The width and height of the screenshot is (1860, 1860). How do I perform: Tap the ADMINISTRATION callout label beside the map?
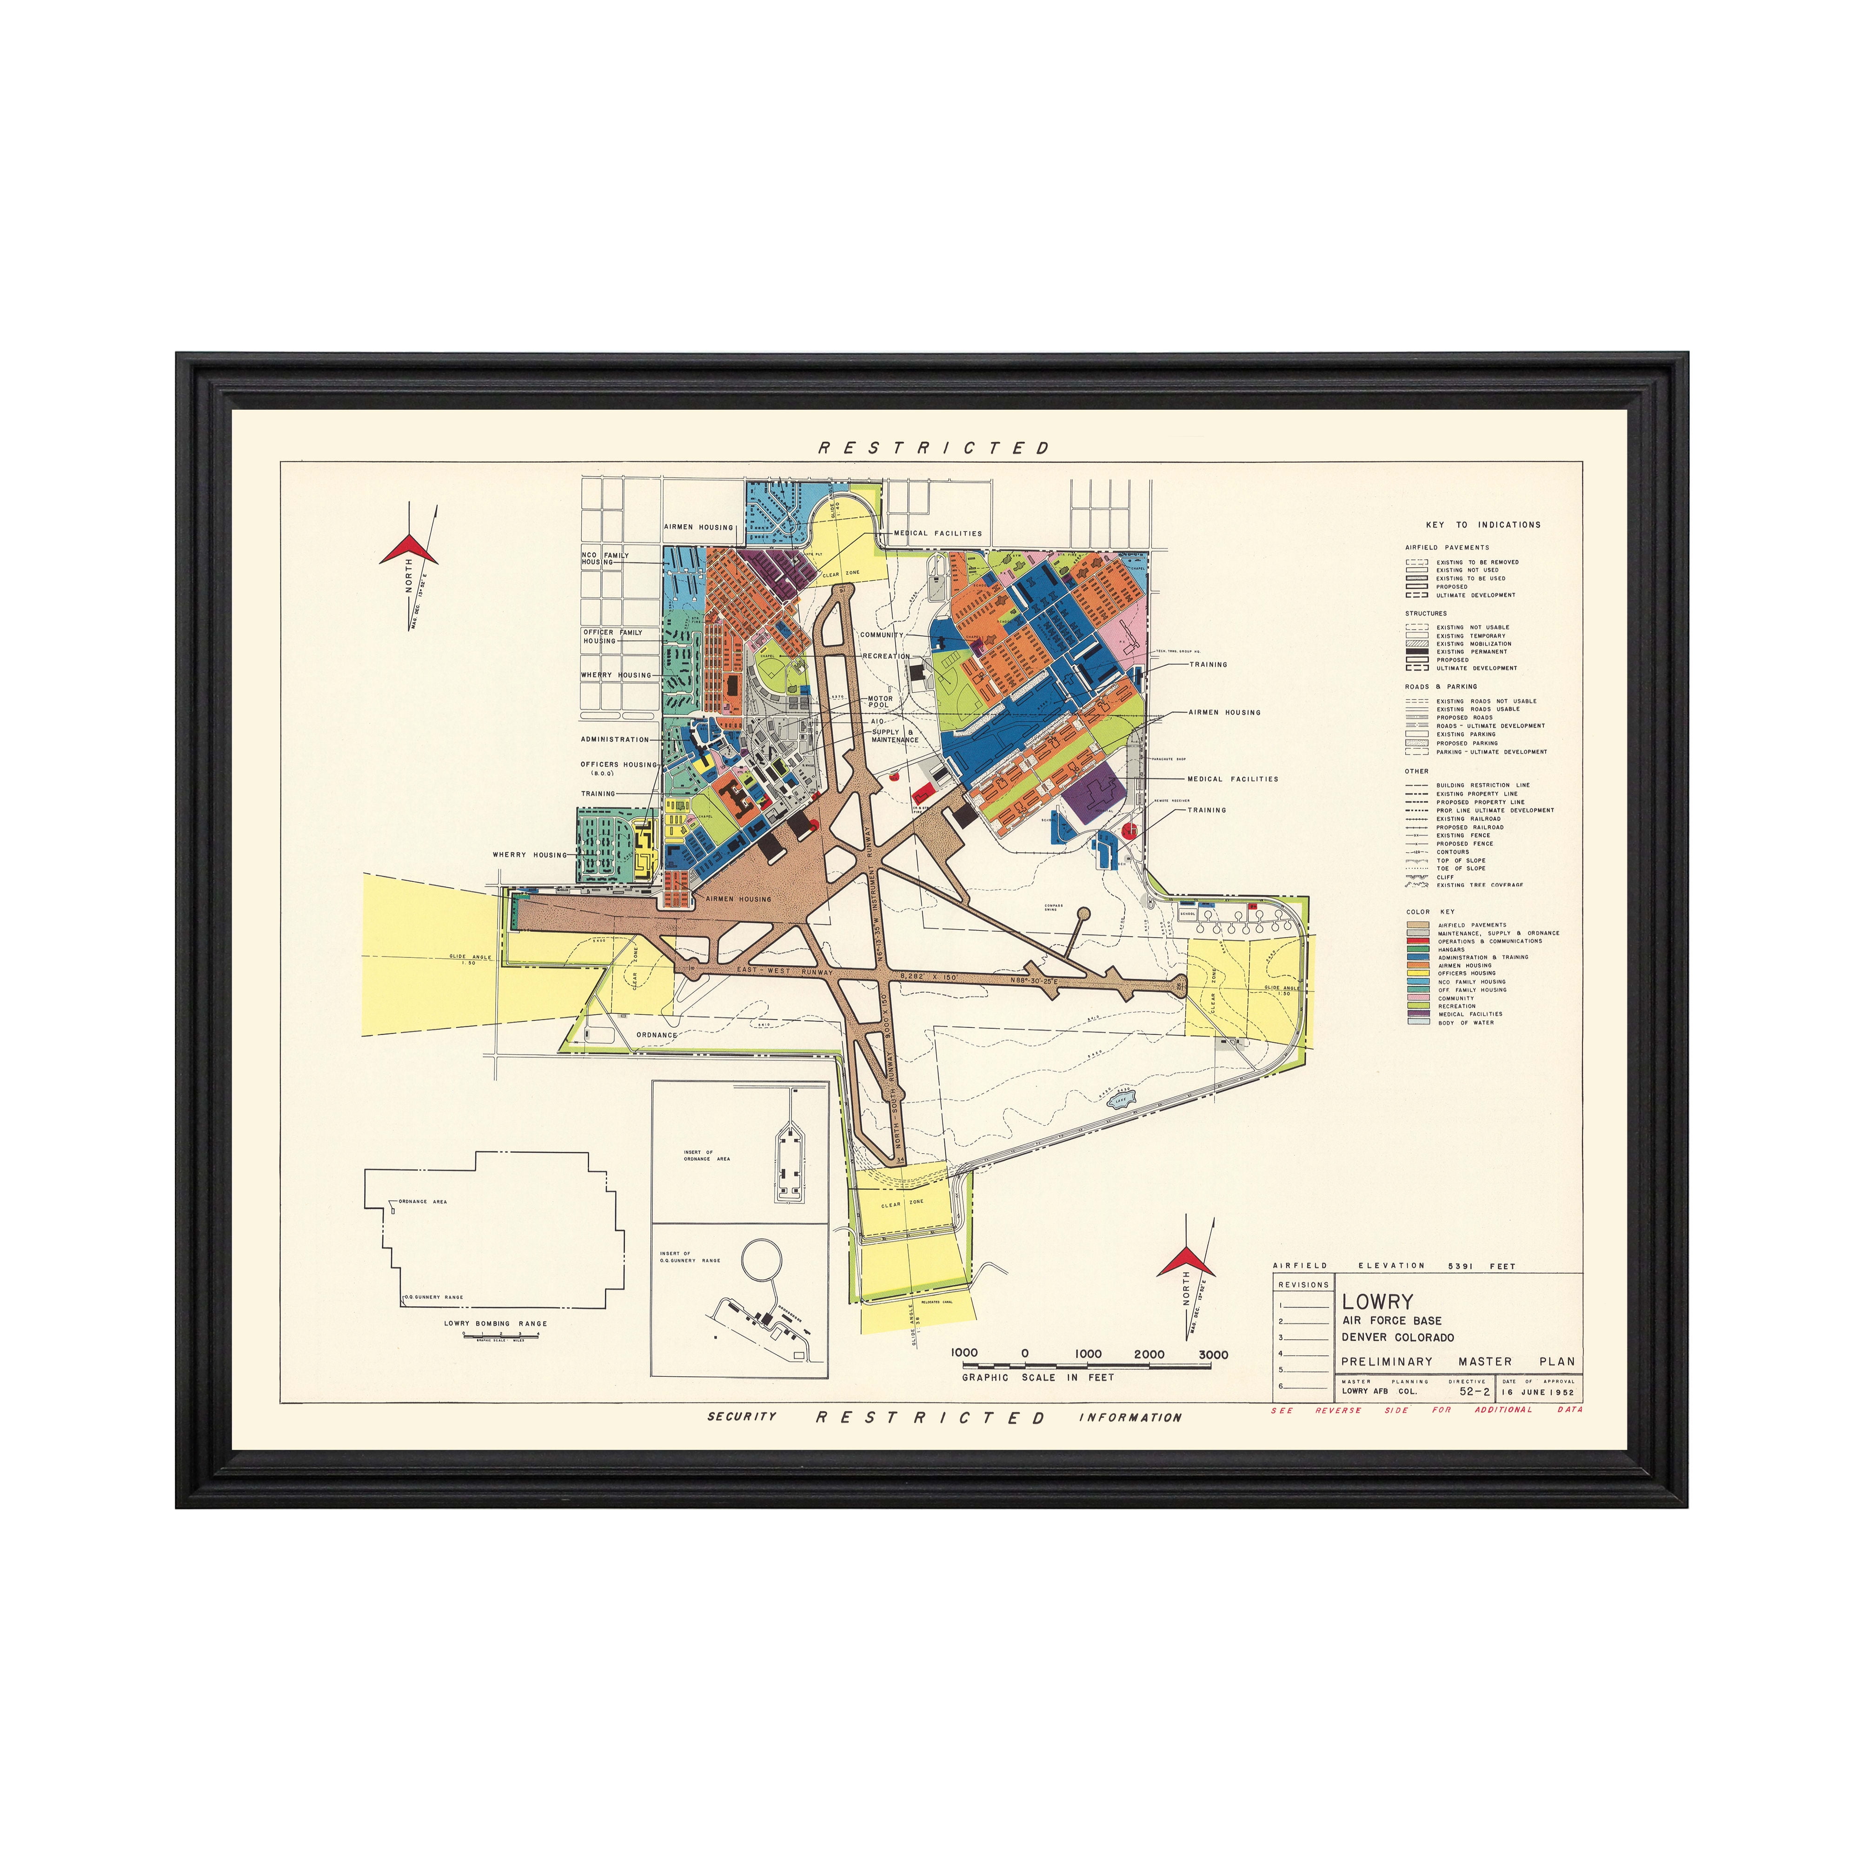pos(614,739)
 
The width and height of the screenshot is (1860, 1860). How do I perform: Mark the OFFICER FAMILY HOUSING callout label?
pos(612,637)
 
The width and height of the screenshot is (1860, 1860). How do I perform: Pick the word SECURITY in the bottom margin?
pos(741,1416)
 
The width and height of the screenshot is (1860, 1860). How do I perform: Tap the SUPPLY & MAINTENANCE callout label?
pos(894,736)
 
